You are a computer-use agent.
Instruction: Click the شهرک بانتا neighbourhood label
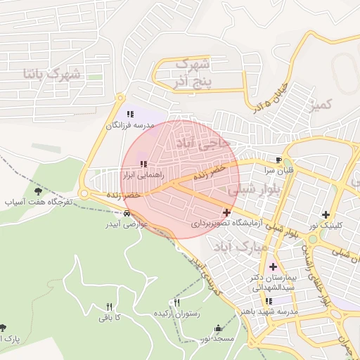click(x=53, y=73)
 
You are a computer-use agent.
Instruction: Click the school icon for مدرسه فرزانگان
click(x=129, y=113)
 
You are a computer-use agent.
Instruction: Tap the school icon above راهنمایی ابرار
click(x=143, y=164)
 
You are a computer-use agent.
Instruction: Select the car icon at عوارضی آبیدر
click(x=127, y=213)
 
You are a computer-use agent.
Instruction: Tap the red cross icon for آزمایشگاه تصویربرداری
click(x=226, y=212)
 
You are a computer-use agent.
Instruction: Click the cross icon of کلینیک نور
click(x=325, y=214)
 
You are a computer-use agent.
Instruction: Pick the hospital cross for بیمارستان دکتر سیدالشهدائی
click(x=273, y=266)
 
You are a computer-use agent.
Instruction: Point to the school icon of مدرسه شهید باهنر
click(x=269, y=300)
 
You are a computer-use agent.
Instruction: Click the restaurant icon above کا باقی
click(x=109, y=306)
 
